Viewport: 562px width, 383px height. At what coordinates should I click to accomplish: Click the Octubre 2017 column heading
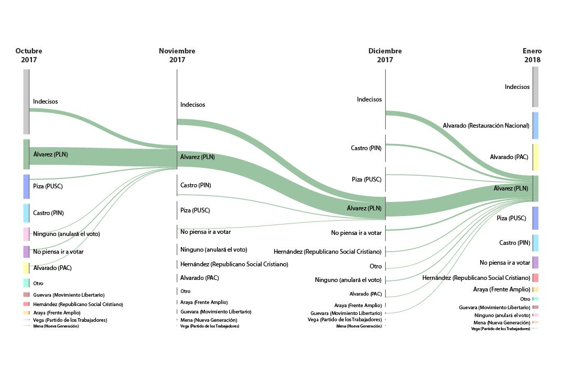pyautogui.click(x=29, y=55)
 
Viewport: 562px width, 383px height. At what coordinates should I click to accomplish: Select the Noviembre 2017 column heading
pyautogui.click(x=177, y=55)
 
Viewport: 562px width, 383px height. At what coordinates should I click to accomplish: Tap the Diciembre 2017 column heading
pyautogui.click(x=385, y=55)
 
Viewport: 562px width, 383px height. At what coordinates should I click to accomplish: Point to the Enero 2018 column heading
pyautogui.click(x=532, y=55)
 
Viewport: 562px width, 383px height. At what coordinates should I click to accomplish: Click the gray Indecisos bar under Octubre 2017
pyautogui.click(x=26, y=102)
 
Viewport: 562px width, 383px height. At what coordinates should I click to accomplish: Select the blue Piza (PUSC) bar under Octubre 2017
pyautogui.click(x=26, y=186)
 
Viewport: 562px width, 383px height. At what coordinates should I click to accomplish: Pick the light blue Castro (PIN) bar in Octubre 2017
pyautogui.click(x=26, y=213)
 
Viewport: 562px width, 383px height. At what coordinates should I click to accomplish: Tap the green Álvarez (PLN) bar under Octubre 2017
pyautogui.click(x=26, y=154)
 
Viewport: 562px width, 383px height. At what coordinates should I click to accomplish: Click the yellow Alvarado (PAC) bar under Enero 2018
pyautogui.click(x=535, y=157)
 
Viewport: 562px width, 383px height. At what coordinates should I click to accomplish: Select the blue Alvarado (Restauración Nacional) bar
pyautogui.click(x=535, y=126)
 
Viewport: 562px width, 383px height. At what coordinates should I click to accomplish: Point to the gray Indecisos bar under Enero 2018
pyautogui.click(x=535, y=87)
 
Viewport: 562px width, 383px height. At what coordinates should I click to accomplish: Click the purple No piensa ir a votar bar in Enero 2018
pyautogui.click(x=535, y=263)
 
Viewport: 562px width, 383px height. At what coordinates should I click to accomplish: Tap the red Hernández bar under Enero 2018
pyautogui.click(x=535, y=278)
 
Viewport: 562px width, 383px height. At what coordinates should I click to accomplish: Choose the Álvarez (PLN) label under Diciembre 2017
pyautogui.click(x=364, y=208)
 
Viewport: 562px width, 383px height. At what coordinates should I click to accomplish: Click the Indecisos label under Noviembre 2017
pyautogui.click(x=193, y=105)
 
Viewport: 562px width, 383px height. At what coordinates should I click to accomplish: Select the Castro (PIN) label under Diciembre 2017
pyautogui.click(x=366, y=148)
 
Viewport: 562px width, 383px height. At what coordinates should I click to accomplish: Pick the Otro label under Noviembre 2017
pyautogui.click(x=186, y=291)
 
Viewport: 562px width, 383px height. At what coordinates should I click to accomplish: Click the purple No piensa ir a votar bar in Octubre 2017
pyautogui.click(x=26, y=252)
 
